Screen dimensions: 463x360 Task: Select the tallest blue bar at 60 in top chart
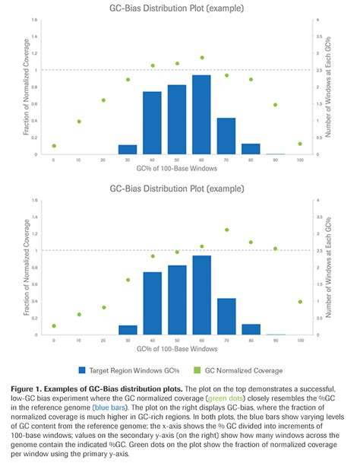tap(201, 114)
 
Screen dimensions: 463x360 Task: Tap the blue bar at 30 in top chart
tap(128, 149)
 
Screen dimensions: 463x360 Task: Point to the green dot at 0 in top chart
tap(54, 146)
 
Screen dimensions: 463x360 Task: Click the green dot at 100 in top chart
tap(300, 144)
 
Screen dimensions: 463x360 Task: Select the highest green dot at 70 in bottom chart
tap(226, 230)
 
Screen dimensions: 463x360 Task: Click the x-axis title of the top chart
tap(176, 171)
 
